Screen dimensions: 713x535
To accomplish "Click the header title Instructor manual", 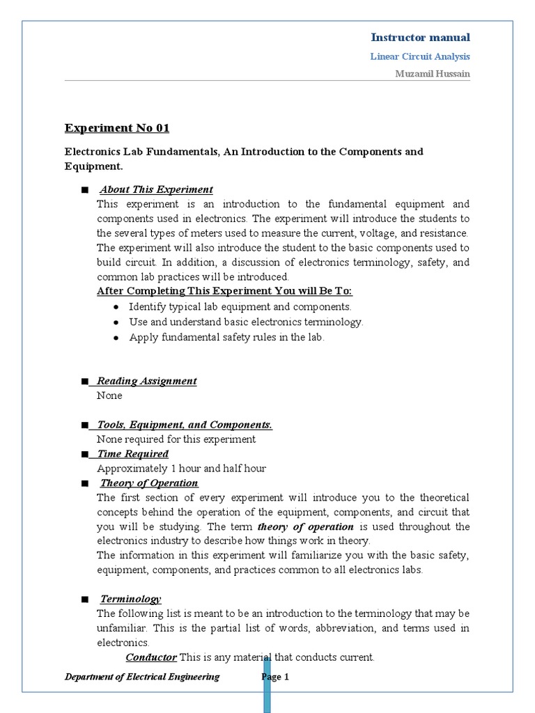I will [420, 38].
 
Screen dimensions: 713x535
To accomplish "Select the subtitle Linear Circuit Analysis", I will [420, 56].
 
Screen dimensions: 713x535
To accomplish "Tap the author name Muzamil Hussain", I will [432, 75].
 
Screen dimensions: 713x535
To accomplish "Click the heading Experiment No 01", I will [116, 128].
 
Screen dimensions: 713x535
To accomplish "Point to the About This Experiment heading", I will [156, 189].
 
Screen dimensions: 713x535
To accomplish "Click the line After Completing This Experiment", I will [224, 291].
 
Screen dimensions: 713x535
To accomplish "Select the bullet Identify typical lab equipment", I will [240, 306].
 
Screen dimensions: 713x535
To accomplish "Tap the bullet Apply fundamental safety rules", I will [226, 337].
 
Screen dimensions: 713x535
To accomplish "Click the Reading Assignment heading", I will [146, 381].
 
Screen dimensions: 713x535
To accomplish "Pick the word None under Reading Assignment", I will [109, 395].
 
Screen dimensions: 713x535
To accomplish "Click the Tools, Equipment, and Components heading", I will [185, 425].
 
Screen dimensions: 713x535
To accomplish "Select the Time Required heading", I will [132, 454].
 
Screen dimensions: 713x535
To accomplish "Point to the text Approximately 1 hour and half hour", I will [181, 469].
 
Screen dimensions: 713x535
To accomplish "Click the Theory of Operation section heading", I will [149, 483].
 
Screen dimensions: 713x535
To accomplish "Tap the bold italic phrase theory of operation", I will [305, 526].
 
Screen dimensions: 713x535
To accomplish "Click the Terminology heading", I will [130, 599].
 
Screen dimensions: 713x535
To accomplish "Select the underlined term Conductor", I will [151, 657].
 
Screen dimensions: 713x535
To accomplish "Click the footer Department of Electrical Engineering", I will [142, 677].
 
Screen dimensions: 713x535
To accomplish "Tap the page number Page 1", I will [276, 677].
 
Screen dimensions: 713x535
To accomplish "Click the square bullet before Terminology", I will [84, 600].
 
